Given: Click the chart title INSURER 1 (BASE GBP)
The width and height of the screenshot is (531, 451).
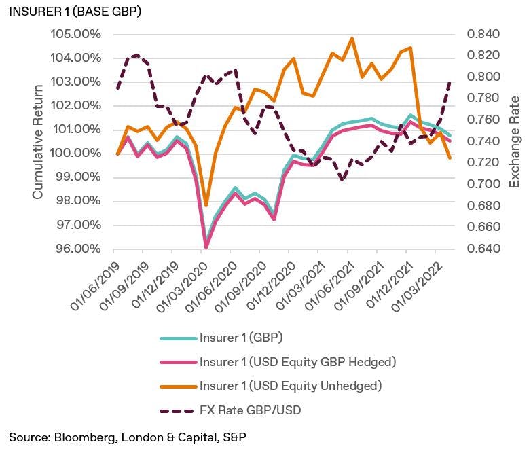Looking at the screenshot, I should pos(75,12).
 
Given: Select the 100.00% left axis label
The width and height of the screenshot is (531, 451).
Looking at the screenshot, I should pos(76,154).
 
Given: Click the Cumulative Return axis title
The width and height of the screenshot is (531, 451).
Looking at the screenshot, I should pos(39,141).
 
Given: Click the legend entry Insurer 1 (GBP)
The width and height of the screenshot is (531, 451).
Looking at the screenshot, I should pos(242,338).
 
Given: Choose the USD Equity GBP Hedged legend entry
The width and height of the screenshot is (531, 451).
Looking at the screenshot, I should pos(297,362).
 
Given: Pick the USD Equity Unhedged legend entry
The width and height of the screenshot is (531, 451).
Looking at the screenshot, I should pos(291,386).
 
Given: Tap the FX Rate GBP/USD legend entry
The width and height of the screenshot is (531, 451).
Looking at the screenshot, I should pos(253,410).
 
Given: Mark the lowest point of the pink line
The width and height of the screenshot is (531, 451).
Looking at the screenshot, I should pos(206,247).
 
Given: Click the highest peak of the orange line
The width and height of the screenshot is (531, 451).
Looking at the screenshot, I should pos(352,38).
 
